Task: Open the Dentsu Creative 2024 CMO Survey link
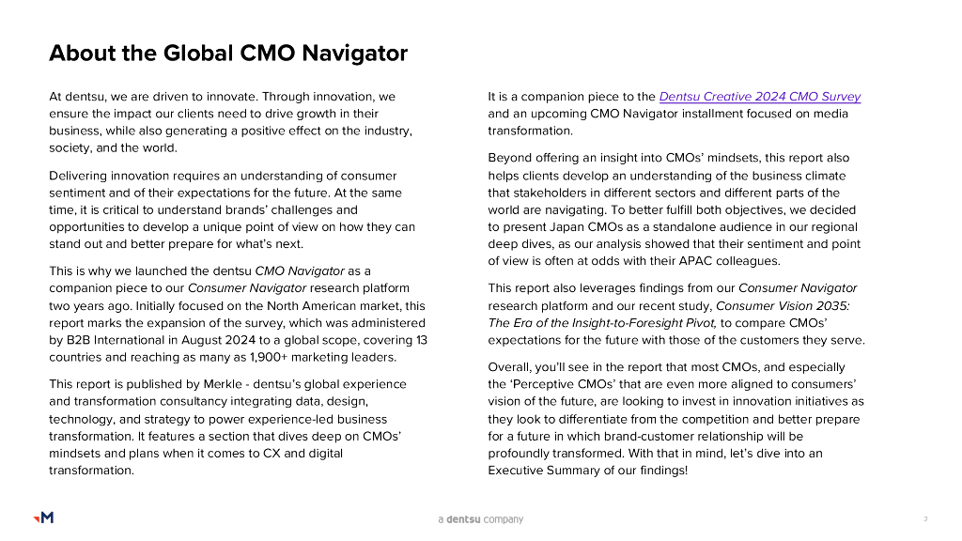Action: click(759, 97)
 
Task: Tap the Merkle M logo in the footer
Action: click(43, 518)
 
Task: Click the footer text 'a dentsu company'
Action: click(481, 519)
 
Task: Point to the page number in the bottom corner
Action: click(925, 518)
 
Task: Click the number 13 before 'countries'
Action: click(421, 340)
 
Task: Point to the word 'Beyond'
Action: click(510, 158)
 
